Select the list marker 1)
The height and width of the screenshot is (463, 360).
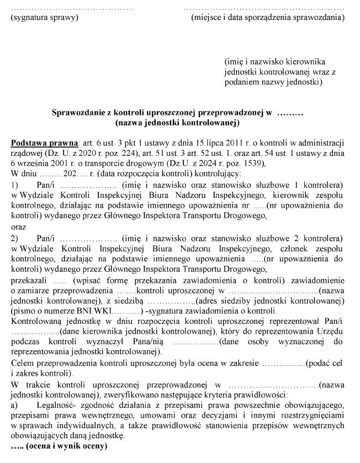point(15,185)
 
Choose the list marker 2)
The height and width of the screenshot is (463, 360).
point(15,238)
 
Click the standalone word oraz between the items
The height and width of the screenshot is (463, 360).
point(18,227)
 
